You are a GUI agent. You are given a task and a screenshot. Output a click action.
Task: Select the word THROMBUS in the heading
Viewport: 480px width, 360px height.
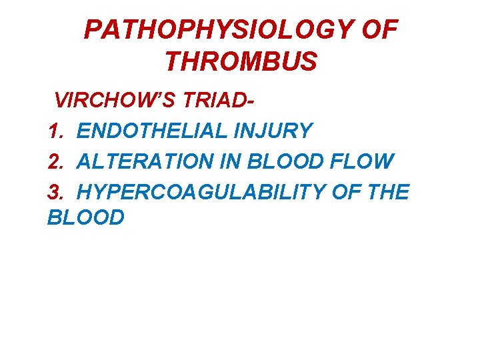240,61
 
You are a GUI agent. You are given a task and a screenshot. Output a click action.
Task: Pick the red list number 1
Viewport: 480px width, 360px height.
54,131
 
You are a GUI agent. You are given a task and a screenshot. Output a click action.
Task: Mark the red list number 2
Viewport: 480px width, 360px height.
54,161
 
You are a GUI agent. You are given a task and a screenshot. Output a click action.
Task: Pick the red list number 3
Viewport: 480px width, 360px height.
54,192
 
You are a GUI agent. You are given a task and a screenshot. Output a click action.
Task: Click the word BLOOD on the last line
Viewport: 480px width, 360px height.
86,217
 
